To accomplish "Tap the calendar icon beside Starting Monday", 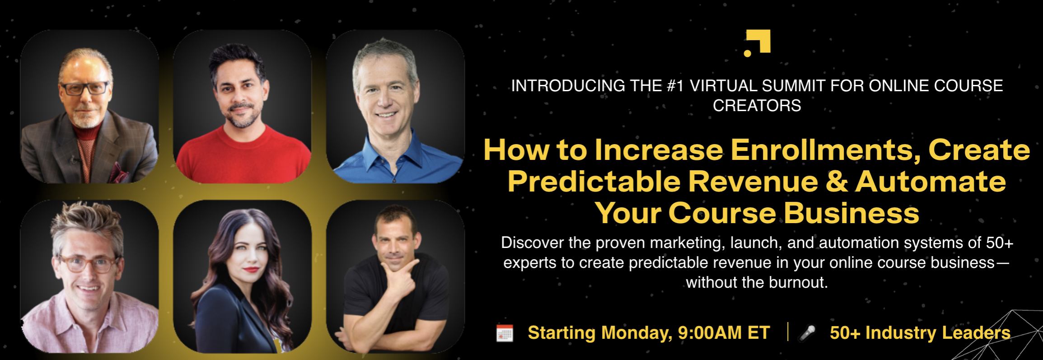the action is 505,333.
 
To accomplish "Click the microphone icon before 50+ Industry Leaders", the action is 807,333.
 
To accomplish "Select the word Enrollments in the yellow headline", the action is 826,150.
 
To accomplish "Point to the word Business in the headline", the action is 851,213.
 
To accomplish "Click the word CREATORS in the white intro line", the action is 757,106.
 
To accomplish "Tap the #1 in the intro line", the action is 675,86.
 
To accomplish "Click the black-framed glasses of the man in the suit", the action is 85,88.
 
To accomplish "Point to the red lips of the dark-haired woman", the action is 251,270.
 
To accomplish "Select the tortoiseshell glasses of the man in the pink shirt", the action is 87,263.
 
